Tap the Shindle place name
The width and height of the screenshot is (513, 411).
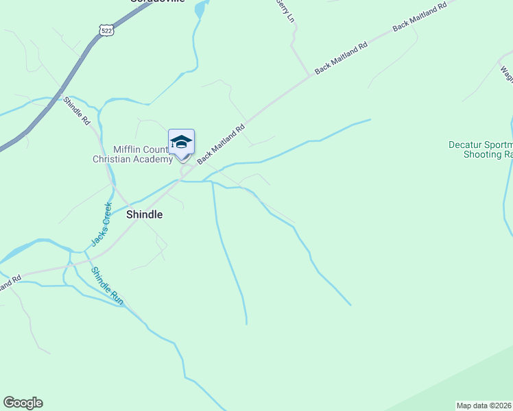tap(145, 214)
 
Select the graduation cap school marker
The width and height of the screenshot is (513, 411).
tap(181, 142)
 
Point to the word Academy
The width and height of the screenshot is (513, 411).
tap(155, 160)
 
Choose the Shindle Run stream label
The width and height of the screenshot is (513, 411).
tap(108, 286)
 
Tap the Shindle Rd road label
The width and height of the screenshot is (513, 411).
tap(77, 111)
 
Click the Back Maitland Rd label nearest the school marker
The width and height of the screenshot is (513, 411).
tap(221, 144)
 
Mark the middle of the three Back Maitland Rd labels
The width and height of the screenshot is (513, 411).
tap(341, 58)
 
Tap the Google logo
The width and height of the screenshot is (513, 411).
tap(23, 403)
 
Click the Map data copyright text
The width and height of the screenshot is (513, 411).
tap(484, 406)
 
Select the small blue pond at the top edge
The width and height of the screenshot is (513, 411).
tap(200, 10)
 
